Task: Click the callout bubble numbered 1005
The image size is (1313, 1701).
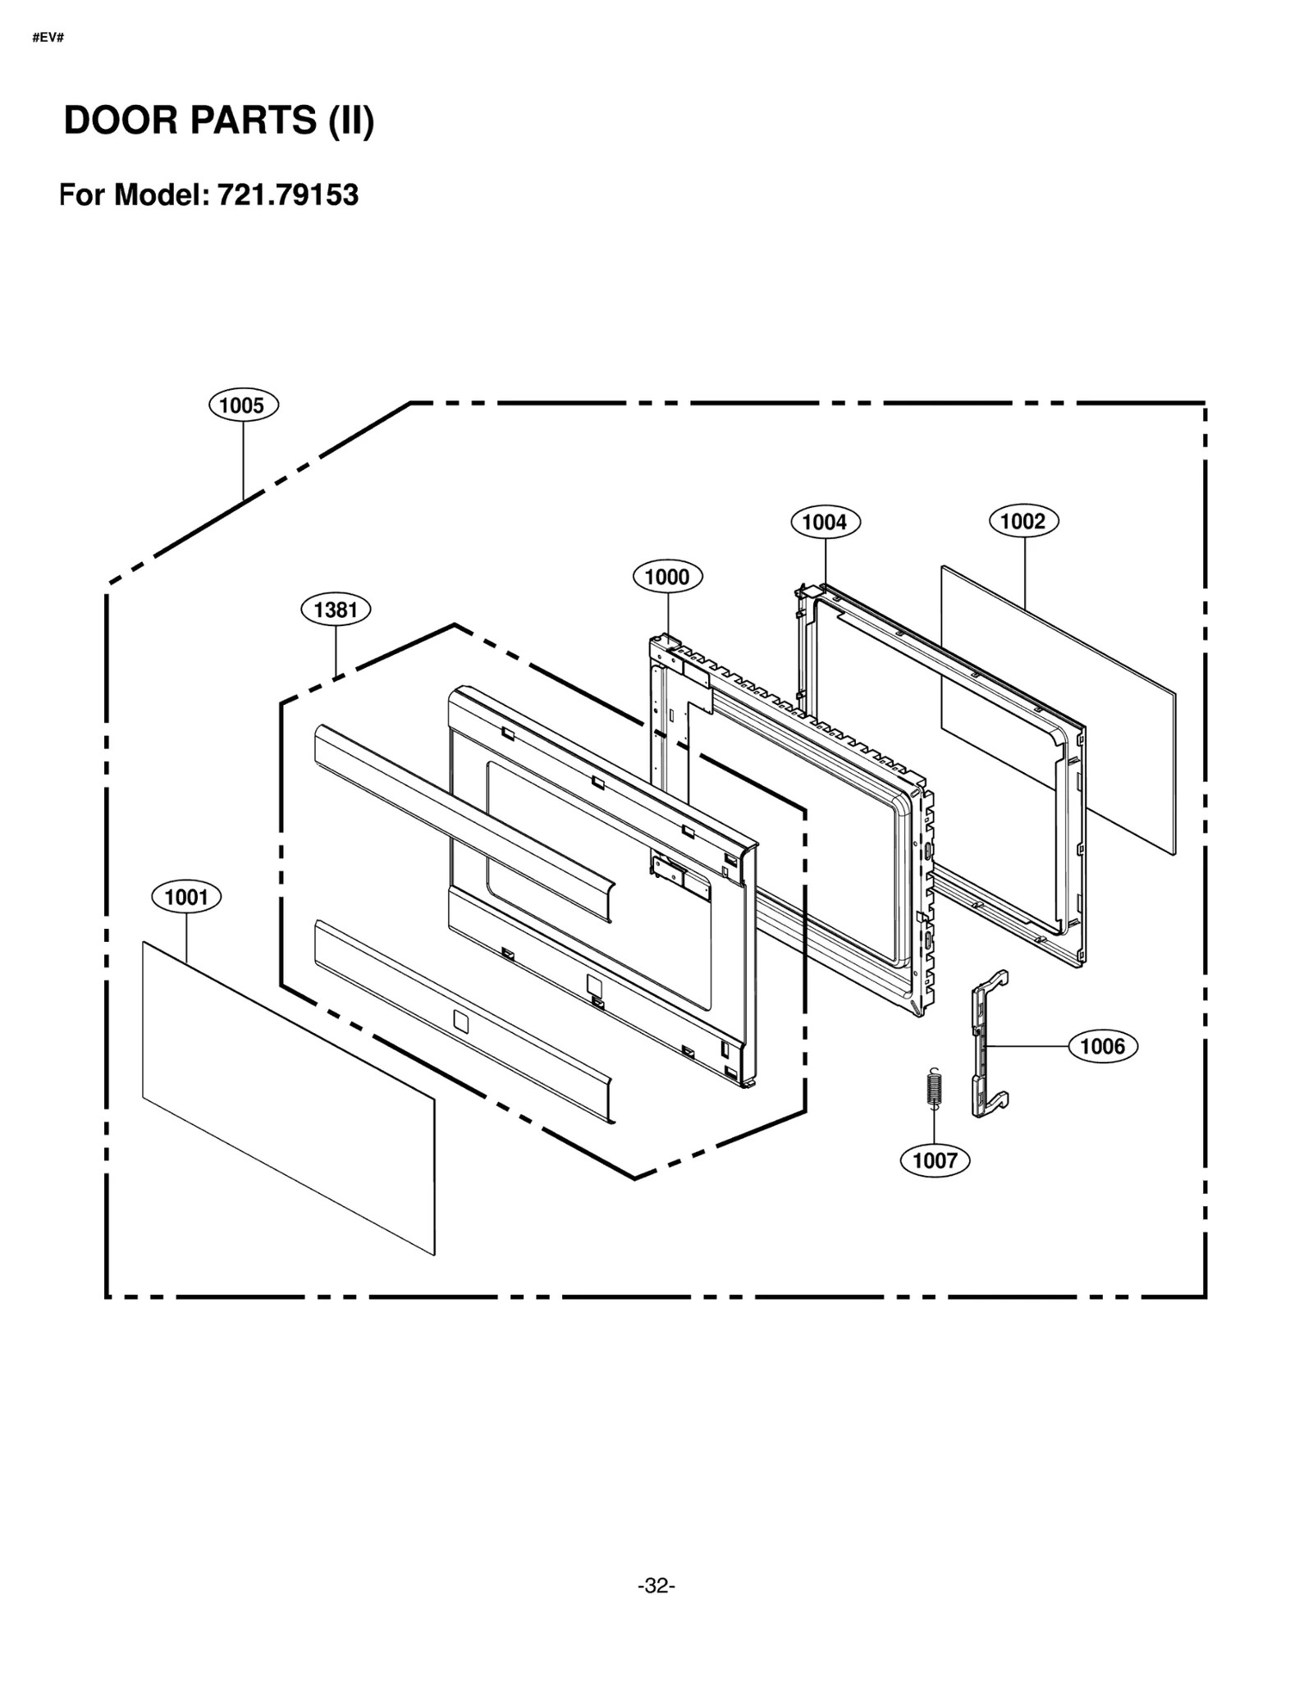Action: coord(243,405)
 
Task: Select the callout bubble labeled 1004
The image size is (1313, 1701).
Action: coord(825,522)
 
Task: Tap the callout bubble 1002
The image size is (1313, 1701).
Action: coord(1023,521)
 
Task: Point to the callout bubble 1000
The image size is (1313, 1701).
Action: coord(667,577)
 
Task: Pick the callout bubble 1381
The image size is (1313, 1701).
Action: coord(336,610)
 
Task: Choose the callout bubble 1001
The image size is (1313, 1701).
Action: coord(186,897)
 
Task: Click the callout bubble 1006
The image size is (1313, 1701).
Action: coord(1102,1046)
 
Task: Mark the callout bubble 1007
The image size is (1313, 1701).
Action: coord(935,1160)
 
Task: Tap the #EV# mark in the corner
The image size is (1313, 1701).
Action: coord(48,38)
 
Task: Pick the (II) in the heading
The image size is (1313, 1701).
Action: coord(351,121)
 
